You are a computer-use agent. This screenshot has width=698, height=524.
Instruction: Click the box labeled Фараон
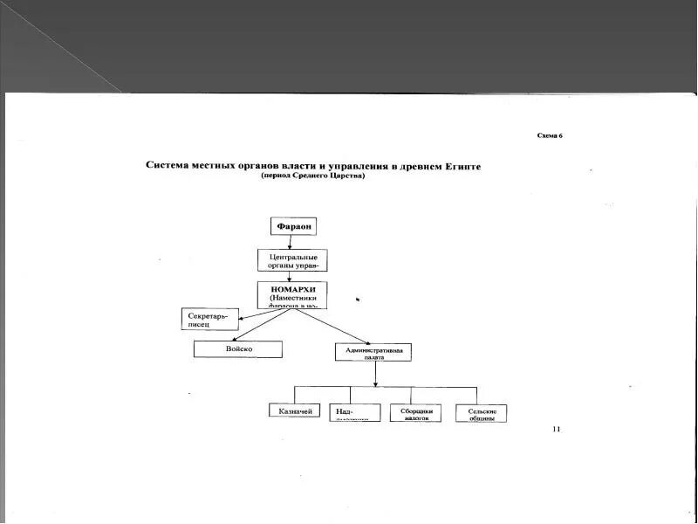294,227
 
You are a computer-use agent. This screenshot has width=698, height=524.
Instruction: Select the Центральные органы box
292,259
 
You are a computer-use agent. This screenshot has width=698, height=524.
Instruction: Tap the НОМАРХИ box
292,294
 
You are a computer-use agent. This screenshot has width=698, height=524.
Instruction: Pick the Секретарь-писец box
209,319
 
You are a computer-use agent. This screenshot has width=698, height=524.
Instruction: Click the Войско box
238,349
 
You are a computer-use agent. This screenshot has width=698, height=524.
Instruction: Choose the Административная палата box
373,352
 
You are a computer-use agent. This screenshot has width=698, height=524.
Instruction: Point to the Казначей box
294,410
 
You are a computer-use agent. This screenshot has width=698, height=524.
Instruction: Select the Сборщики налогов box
415,413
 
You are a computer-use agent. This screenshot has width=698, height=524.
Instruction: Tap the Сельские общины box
482,413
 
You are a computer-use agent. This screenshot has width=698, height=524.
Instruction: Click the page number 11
557,429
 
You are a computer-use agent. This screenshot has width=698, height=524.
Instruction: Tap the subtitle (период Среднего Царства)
312,176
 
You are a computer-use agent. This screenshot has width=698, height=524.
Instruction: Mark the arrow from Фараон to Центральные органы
293,243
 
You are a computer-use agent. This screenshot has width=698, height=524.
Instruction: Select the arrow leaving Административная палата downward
375,374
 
